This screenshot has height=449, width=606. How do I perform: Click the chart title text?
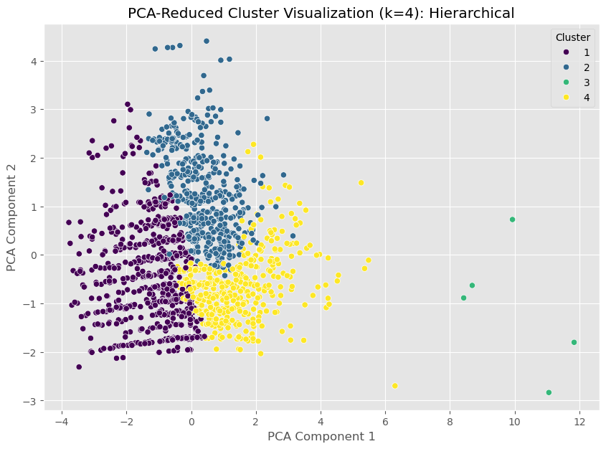coord(321,13)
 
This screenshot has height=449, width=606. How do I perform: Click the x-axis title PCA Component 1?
coord(321,435)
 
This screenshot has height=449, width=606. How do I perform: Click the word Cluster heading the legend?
coord(572,37)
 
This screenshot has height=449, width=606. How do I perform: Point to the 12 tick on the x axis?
coord(579,421)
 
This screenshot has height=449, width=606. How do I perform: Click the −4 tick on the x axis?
coord(62,421)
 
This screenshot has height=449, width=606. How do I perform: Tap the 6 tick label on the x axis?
coord(386,421)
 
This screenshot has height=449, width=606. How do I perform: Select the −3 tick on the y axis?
coord(33,401)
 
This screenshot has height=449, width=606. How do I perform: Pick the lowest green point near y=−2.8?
coord(549,392)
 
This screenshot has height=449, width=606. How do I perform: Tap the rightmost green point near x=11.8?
coord(574,342)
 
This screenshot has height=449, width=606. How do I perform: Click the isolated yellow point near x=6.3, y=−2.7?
coord(395,386)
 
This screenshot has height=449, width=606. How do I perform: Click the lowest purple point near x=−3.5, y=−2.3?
coord(79,367)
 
